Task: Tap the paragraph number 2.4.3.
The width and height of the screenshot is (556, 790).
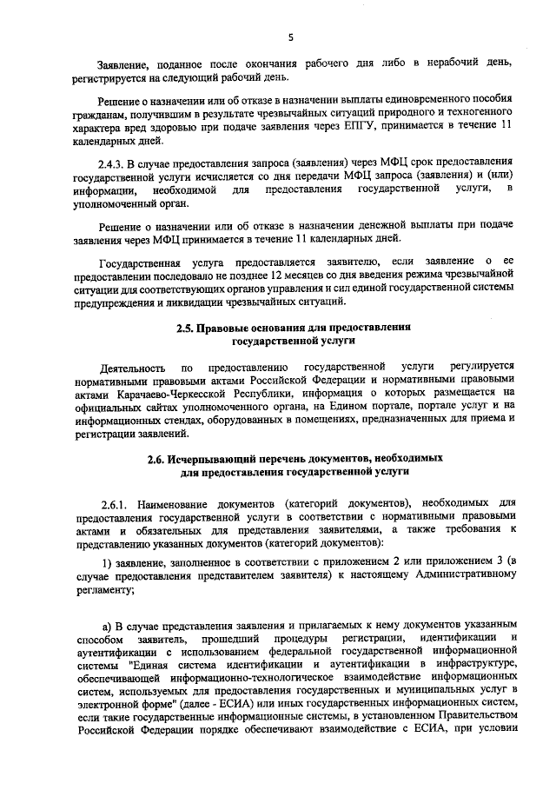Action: [x=115, y=163]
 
